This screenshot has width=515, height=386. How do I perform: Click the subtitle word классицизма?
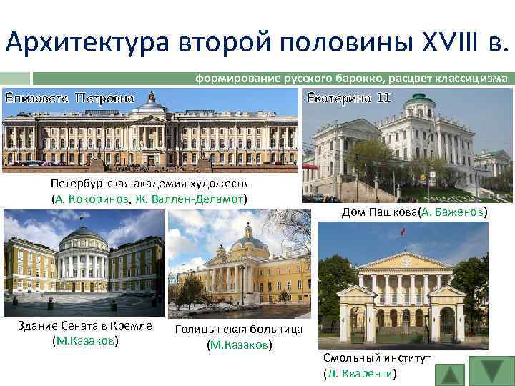point(473,78)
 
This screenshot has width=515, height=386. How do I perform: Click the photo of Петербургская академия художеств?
point(149,132)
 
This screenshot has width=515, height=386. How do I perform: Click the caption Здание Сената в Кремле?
point(85,326)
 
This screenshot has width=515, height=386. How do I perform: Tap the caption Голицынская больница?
point(239,330)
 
